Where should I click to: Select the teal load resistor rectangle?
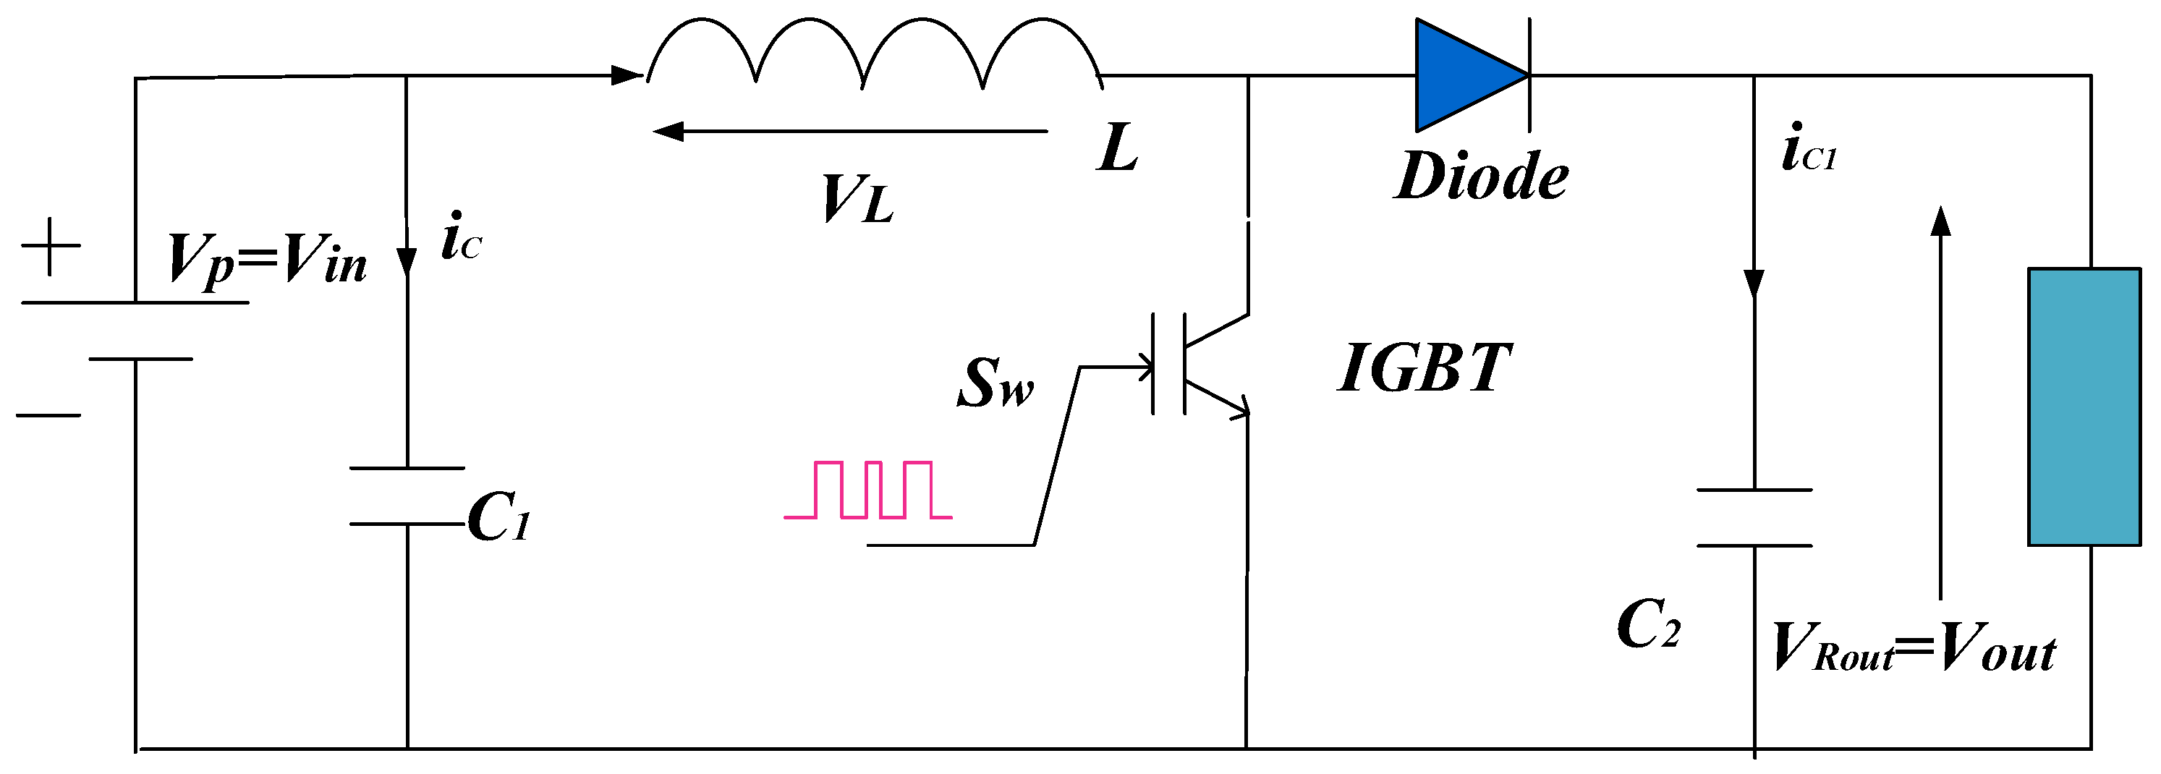(2084, 407)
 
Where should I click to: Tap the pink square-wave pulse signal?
(868, 490)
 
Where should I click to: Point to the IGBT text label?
(1424, 368)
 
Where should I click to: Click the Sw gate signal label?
(995, 383)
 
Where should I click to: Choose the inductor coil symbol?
(873, 54)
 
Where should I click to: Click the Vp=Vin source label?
(267, 259)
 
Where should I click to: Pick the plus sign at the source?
(51, 246)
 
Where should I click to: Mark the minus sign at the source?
(48, 415)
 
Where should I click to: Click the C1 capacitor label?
(498, 516)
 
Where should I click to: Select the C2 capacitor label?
(1647, 625)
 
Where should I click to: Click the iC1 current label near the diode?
(1809, 149)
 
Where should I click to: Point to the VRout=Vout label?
(1913, 648)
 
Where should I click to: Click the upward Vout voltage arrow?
(1940, 402)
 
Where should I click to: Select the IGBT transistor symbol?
(1200, 365)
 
